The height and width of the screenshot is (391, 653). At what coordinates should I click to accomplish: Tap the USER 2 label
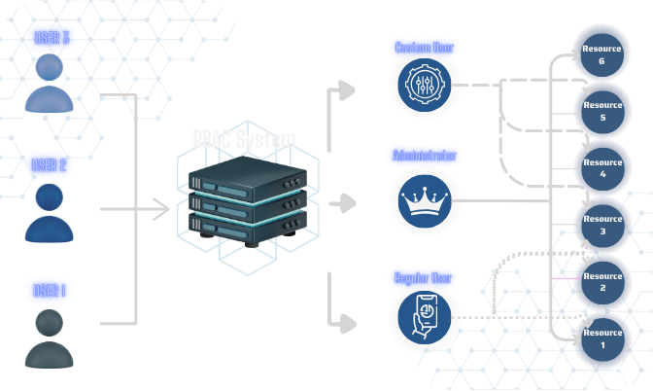[49, 164]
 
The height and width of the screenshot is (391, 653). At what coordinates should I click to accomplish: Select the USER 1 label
[49, 290]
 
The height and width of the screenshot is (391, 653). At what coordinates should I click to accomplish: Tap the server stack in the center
[247, 202]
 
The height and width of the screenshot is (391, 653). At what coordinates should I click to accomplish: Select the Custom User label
[424, 47]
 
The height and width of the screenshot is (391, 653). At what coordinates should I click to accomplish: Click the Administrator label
[424, 156]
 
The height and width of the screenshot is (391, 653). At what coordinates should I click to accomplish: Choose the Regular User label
[424, 278]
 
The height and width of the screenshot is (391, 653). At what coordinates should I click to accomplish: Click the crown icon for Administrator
[425, 200]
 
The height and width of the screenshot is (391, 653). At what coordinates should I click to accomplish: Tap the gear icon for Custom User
[425, 85]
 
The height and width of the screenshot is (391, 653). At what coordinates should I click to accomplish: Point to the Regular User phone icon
[425, 317]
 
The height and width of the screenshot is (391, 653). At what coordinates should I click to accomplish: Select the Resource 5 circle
[602, 111]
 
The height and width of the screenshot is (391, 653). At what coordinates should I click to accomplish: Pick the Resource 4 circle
[602, 167]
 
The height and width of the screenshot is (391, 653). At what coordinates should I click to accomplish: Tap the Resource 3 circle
[602, 225]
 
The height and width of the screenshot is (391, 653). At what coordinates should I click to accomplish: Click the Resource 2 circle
[602, 282]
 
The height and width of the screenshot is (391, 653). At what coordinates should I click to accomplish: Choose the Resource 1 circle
[602, 338]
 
